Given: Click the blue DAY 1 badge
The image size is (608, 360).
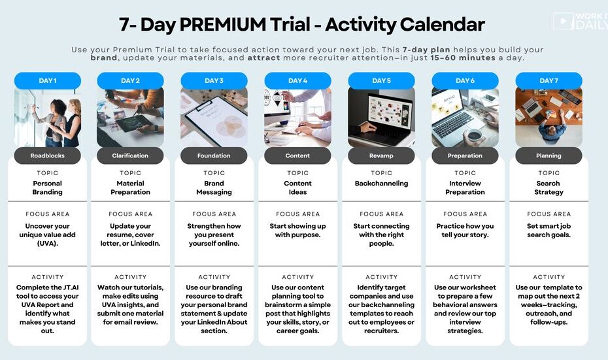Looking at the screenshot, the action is coord(47,80).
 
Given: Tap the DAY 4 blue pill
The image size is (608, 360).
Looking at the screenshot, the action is coord(298,80).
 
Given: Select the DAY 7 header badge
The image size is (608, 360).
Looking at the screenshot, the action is coord(549,80).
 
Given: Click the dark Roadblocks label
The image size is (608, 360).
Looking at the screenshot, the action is coord(47,155).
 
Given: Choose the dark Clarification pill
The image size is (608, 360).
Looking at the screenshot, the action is coord(130,155).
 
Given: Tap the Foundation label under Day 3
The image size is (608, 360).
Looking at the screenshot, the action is coord(214,155).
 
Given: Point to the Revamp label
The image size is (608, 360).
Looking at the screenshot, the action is coord(381,155).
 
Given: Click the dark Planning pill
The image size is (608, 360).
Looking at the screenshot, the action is coord(549,155).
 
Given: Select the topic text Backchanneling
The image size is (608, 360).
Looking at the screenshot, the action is coord(382,184).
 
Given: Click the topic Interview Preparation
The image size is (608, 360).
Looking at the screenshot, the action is coord(465,188).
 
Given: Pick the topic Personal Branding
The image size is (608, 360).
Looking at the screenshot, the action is coord(47,188).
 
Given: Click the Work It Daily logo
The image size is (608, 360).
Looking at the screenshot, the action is coord(581,21).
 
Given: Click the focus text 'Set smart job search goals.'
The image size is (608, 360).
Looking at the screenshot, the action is coord(549,230).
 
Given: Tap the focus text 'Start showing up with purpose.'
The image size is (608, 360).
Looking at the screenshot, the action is coord(298,230).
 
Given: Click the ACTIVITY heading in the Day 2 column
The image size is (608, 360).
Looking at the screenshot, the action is coord(130,277).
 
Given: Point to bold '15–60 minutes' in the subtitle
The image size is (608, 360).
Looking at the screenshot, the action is coord(462,57).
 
